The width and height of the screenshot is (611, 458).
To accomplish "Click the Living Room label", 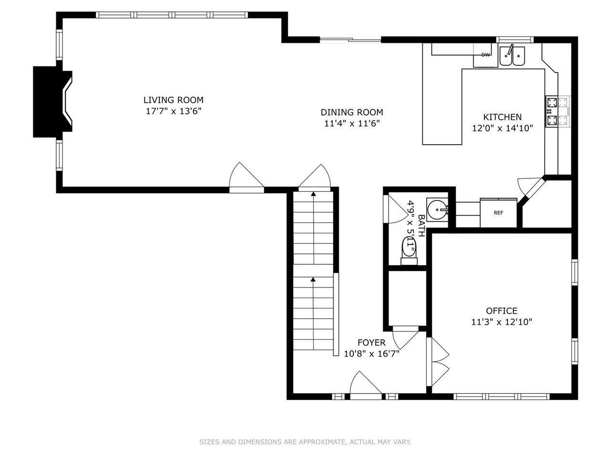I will click(173, 100).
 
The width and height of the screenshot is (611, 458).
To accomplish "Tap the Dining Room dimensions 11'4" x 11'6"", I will click(352, 123).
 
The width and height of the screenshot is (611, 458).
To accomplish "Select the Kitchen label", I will click(502, 117).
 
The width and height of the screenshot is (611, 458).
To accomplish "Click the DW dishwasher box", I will click(485, 55).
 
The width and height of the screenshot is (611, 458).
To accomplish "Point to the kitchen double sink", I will click(512, 56).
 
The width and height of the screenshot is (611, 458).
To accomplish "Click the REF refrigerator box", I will click(498, 213).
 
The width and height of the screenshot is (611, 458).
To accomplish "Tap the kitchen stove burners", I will click(552, 111).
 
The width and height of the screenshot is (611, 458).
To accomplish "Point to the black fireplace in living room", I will click(50, 101).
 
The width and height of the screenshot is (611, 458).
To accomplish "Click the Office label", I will click(501, 311).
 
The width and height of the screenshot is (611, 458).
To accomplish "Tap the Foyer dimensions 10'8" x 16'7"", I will click(371, 354).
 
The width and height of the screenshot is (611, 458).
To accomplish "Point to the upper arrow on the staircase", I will click(313, 194).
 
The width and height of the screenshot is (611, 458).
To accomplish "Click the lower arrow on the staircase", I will click(313, 280).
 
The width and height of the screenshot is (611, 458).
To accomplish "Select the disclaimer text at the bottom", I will click(305, 442).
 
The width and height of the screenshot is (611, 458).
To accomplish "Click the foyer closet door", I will click(406, 338).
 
